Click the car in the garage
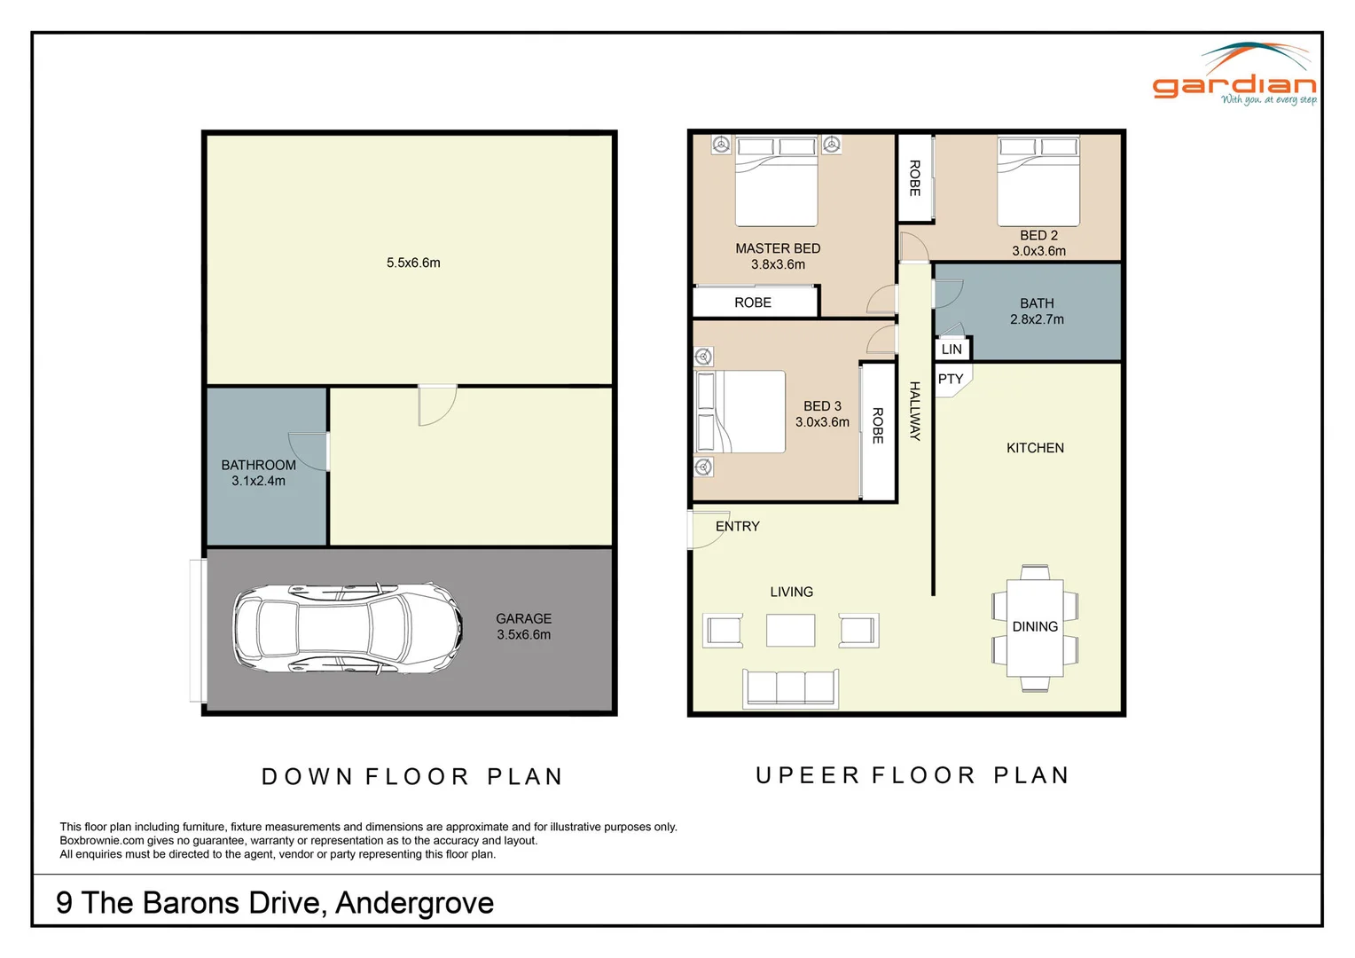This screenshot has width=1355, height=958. point(349,629)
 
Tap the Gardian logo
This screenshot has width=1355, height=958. point(1234,74)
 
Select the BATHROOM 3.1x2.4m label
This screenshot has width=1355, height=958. point(258,473)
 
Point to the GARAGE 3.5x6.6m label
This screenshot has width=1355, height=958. point(524,626)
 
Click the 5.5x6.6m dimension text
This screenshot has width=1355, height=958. point(413,263)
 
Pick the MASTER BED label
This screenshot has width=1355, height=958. point(778,248)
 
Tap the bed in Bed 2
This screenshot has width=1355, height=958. point(1038,180)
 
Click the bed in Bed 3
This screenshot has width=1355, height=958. point(740,412)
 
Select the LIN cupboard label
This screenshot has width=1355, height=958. point(952,349)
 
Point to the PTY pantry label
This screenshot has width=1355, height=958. point(951,379)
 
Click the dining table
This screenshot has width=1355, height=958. point(1035,627)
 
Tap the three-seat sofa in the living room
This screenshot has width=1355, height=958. point(791,688)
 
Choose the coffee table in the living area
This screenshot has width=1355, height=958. point(791,631)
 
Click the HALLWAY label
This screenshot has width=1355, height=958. point(914,411)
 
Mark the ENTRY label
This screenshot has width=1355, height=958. point(738,527)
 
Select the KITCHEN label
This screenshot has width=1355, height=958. point(1035,448)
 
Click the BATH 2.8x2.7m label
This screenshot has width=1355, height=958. point(1037,311)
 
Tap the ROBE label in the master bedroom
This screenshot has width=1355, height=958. point(753,302)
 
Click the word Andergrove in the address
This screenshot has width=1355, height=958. point(414,903)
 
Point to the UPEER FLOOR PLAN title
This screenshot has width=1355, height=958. point(912,775)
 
